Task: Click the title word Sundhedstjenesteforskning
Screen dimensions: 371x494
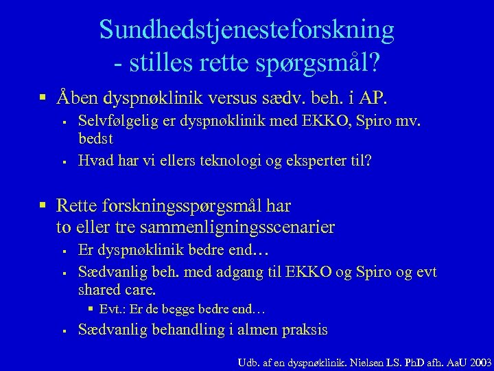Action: point(247,30)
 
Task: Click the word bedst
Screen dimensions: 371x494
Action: point(95,138)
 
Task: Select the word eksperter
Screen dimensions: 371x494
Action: point(313,161)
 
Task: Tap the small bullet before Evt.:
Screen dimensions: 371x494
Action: point(92,309)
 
